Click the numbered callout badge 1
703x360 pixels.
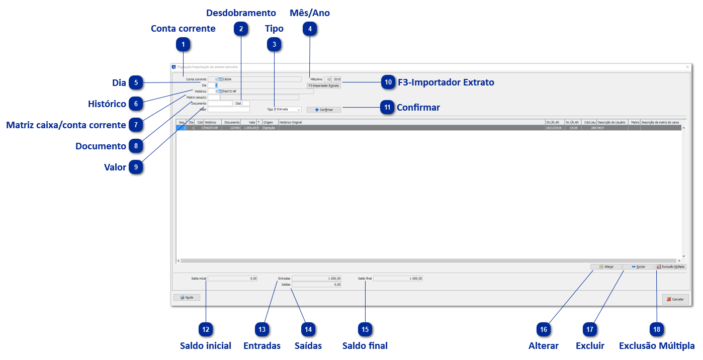(x=184, y=45)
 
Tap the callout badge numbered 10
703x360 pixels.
(x=388, y=82)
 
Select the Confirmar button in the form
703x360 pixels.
(x=324, y=110)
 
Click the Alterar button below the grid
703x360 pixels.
(x=606, y=266)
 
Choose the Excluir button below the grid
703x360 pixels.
(x=638, y=266)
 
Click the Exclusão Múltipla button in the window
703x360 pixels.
(x=671, y=266)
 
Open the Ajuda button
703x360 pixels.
(x=187, y=297)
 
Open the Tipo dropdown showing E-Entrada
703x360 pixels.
(x=287, y=109)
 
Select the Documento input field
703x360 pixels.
(x=220, y=103)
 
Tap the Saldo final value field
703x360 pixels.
(x=398, y=278)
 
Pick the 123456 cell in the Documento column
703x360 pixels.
(x=232, y=128)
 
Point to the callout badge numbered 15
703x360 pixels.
(x=365, y=329)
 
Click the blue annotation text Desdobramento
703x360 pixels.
(x=241, y=13)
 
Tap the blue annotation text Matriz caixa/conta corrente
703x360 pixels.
(x=66, y=125)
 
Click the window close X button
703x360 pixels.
(x=687, y=66)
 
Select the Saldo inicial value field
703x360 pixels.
(x=233, y=278)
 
